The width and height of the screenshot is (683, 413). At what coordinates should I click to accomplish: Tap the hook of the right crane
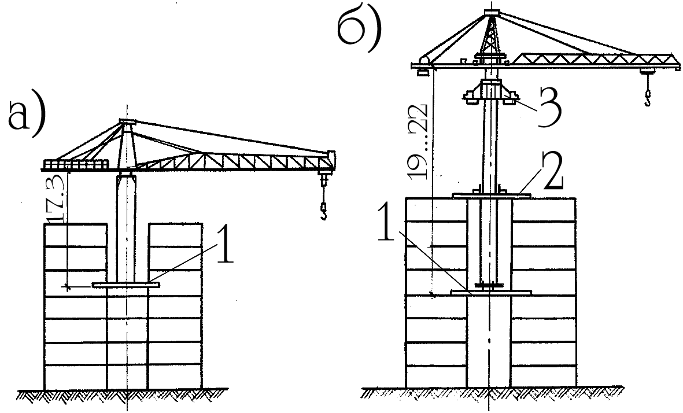[647, 95]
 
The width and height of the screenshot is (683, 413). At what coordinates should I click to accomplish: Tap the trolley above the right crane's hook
[647, 72]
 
